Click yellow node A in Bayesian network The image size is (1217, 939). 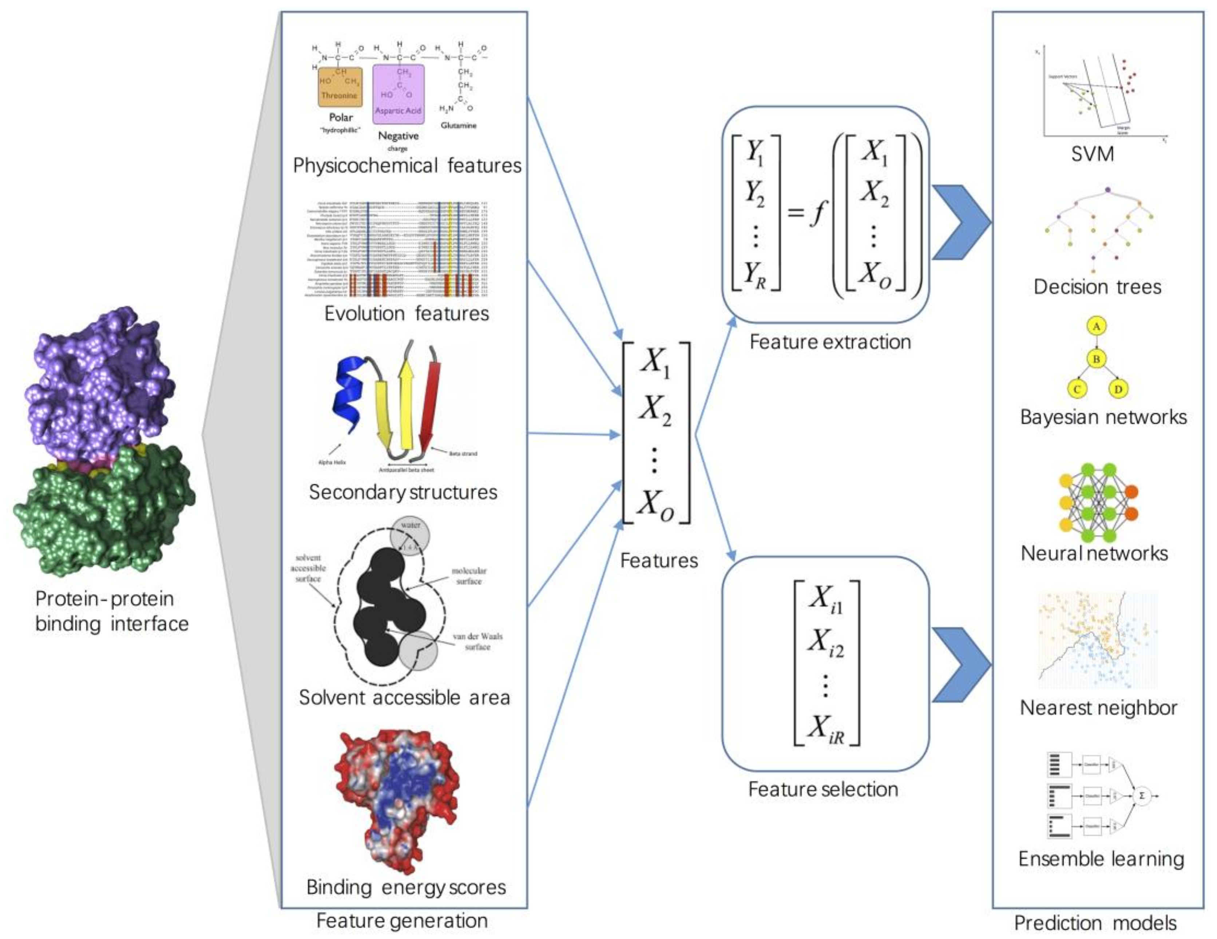(1096, 326)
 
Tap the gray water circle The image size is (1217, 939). (410, 535)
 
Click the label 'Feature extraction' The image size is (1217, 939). (830, 342)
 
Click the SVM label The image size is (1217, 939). (1092, 154)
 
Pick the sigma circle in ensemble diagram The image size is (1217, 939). (1142, 796)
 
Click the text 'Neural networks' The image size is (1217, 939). (1094, 553)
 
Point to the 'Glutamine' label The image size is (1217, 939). (458, 126)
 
